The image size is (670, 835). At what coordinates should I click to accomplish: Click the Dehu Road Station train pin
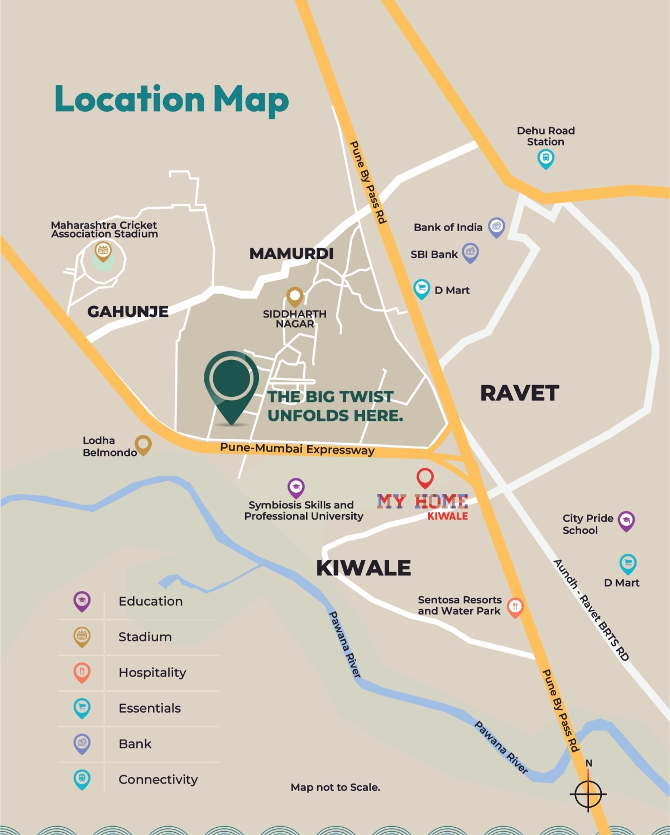tap(545, 159)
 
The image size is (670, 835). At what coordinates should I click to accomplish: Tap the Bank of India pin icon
tap(496, 227)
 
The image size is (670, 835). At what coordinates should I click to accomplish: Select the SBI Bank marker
tap(471, 253)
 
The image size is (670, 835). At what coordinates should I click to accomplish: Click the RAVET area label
tap(519, 393)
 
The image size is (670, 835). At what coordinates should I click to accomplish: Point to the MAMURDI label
tap(291, 253)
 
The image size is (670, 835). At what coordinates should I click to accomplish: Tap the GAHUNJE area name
tap(128, 311)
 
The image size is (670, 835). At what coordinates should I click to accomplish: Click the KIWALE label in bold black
tap(363, 568)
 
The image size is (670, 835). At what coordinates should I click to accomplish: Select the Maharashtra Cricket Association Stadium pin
tap(103, 251)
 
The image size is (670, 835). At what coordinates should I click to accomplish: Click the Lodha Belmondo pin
tap(143, 445)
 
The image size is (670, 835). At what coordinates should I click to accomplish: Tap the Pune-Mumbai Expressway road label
tap(297, 449)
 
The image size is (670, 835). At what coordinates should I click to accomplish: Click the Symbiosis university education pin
tap(296, 488)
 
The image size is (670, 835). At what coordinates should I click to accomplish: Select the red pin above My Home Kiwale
tap(425, 478)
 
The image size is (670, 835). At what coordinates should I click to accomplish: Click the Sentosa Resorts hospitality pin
tap(515, 607)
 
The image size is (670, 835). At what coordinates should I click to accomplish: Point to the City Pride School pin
tap(626, 521)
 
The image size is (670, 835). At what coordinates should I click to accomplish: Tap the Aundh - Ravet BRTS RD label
tap(591, 610)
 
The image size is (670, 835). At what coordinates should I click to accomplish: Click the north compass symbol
tap(588, 793)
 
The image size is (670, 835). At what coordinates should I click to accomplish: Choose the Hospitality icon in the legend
tap(82, 672)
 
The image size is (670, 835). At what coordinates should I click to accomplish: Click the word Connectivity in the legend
tap(158, 780)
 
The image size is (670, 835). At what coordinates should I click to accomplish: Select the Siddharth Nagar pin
tap(295, 296)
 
